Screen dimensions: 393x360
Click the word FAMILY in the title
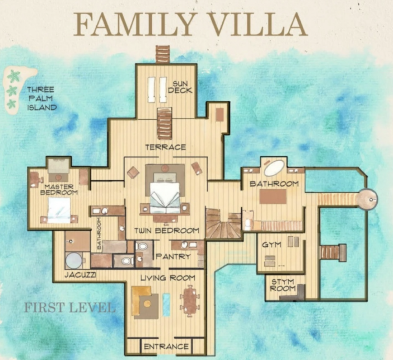click(134, 24)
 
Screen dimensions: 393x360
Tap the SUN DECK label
click(180, 87)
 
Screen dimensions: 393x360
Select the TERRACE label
click(166, 147)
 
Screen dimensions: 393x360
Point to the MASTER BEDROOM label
click(59, 190)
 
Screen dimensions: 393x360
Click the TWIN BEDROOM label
click(167, 231)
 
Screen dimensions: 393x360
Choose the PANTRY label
click(173, 257)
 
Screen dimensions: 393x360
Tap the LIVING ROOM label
click(168, 278)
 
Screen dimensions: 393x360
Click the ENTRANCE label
click(166, 347)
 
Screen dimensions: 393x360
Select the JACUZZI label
click(80, 275)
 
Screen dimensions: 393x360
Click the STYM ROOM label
click(283, 285)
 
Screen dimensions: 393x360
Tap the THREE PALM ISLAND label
click(42, 99)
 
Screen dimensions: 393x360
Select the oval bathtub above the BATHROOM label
click(274, 168)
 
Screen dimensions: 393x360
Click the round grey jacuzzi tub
click(74, 260)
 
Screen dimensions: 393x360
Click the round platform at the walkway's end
click(368, 199)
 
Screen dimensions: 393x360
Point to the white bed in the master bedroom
click(59, 210)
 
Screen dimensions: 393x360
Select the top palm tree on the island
click(14, 76)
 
